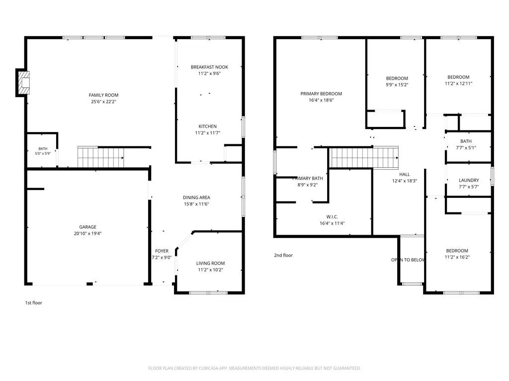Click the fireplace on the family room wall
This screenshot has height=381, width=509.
[x=24, y=83]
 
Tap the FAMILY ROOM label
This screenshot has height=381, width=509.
[x=103, y=95]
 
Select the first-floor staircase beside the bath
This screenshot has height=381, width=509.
[x=100, y=157]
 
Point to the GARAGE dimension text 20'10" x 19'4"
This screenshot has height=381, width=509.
[x=87, y=233]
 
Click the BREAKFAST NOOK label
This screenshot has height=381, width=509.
[x=209, y=67]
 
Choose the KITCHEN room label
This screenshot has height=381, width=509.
[x=208, y=127]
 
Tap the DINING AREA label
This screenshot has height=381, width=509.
[x=196, y=197]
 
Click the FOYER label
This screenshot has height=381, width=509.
[x=162, y=251]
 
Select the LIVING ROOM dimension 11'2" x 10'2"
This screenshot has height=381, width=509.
[x=211, y=269]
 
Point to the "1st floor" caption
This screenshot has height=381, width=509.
[x=34, y=303]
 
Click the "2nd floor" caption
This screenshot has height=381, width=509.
[x=283, y=255]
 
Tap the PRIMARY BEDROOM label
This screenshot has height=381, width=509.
[x=321, y=94]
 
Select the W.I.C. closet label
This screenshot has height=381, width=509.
[x=332, y=217]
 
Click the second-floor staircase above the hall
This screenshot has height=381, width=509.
[x=364, y=157]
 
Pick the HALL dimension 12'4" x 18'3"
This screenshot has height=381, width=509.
[x=405, y=181]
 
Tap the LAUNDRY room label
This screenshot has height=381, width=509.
[x=469, y=180]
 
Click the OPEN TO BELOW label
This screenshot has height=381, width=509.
[x=408, y=260]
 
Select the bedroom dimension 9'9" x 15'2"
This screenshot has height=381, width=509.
[x=397, y=84]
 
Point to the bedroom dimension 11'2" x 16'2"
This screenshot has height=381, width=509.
[x=457, y=257]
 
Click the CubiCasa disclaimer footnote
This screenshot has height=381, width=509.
[x=254, y=368]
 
